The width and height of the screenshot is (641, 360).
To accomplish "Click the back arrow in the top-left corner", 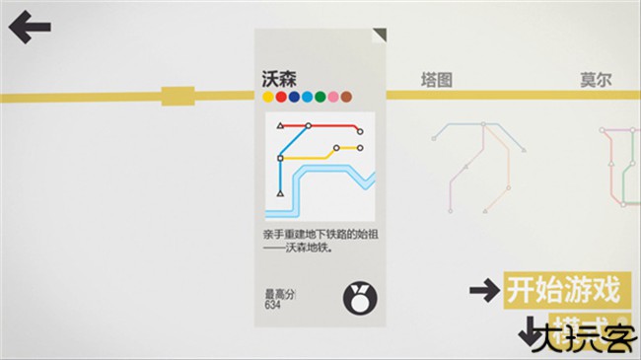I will pos(30,27).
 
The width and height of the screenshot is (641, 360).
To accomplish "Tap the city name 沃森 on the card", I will pos(278,78).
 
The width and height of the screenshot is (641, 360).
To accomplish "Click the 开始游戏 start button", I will pos(563,290).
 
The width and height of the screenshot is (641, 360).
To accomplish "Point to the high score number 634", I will pos(272,306).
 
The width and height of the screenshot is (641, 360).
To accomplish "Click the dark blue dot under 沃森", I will pos(294,97).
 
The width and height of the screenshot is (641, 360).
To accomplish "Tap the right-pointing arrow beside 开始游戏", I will pos(483,290).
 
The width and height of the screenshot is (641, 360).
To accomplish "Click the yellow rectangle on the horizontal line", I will pos(178,96).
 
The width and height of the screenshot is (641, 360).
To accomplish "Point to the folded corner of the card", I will pos(380,35).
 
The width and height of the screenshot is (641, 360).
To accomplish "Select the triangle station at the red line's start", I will pos(280,126).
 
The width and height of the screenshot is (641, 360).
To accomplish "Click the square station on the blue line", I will pos(281,158).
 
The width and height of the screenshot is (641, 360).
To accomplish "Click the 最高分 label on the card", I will pos(279,294).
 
